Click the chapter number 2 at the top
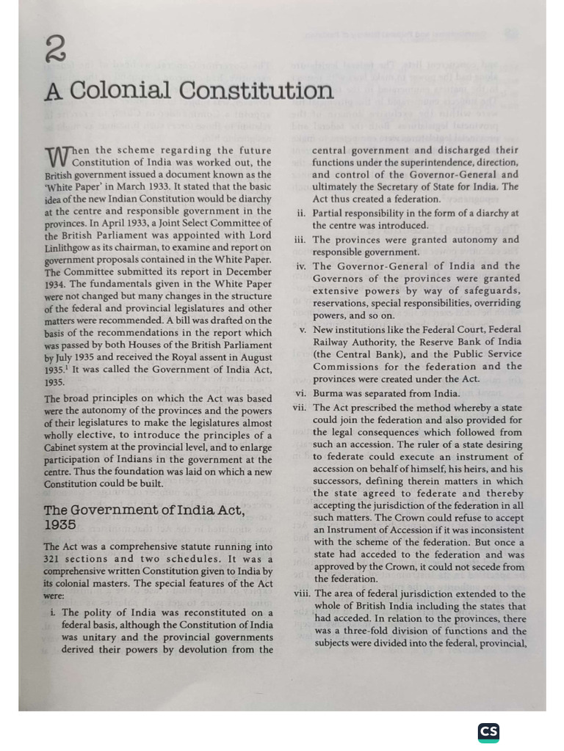tap(55, 51)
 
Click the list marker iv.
tap(301, 266)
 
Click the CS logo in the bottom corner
tap(488, 732)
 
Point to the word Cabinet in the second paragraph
tap(63, 447)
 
